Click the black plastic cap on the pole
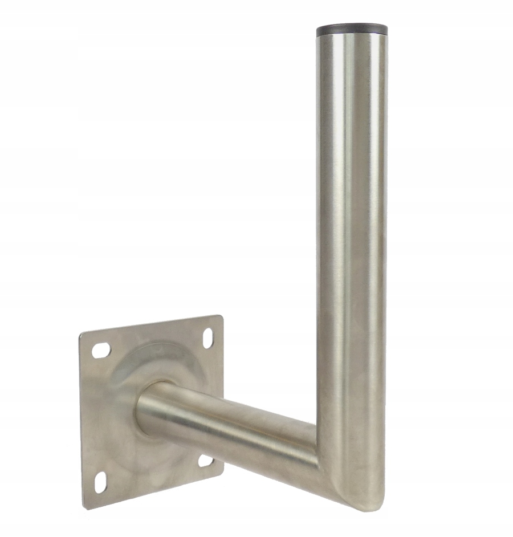point(352,28)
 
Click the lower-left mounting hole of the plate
point(101,482)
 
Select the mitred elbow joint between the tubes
point(331,456)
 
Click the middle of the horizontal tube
point(228,425)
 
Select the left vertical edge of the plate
point(81,422)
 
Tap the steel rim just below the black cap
point(352,38)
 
